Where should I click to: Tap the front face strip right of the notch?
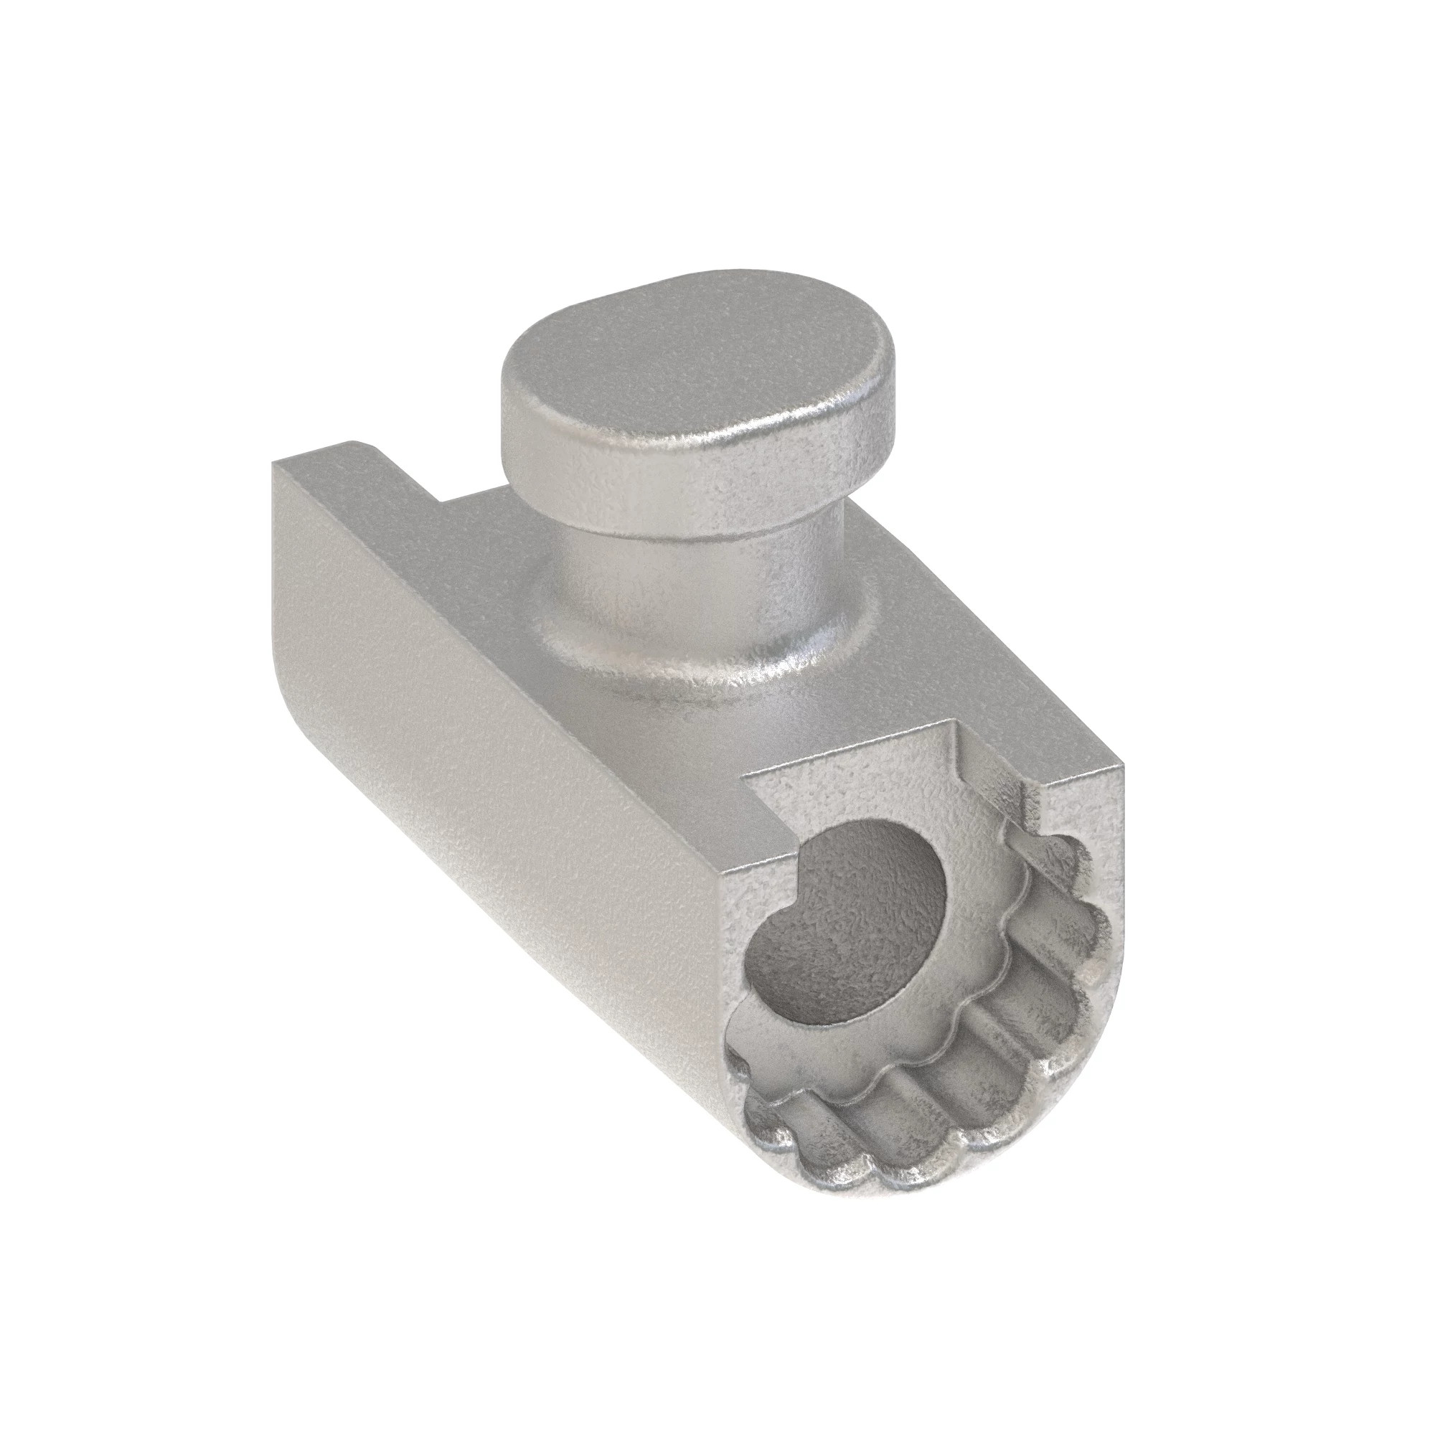point(1070,817)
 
